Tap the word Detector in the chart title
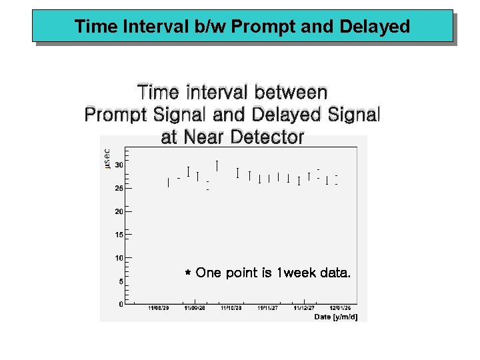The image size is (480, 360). point(267,137)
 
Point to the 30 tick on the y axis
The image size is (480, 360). point(118,165)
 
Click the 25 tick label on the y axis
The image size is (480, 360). point(118,188)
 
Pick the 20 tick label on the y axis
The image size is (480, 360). point(118,211)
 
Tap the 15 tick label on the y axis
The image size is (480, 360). point(118,235)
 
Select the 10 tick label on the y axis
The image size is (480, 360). point(118,258)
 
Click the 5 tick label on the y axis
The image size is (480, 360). point(120,281)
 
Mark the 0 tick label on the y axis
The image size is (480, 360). point(120,304)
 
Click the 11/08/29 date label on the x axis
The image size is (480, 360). point(158,309)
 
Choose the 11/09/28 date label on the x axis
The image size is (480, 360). point(195,309)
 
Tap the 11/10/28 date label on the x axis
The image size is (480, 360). point(231,309)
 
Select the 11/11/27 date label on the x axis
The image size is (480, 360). point(268,309)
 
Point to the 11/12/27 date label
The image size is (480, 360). point(304,309)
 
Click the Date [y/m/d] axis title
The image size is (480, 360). point(336,317)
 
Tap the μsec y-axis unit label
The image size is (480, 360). point(107,158)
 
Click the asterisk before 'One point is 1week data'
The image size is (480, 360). point(188,274)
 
